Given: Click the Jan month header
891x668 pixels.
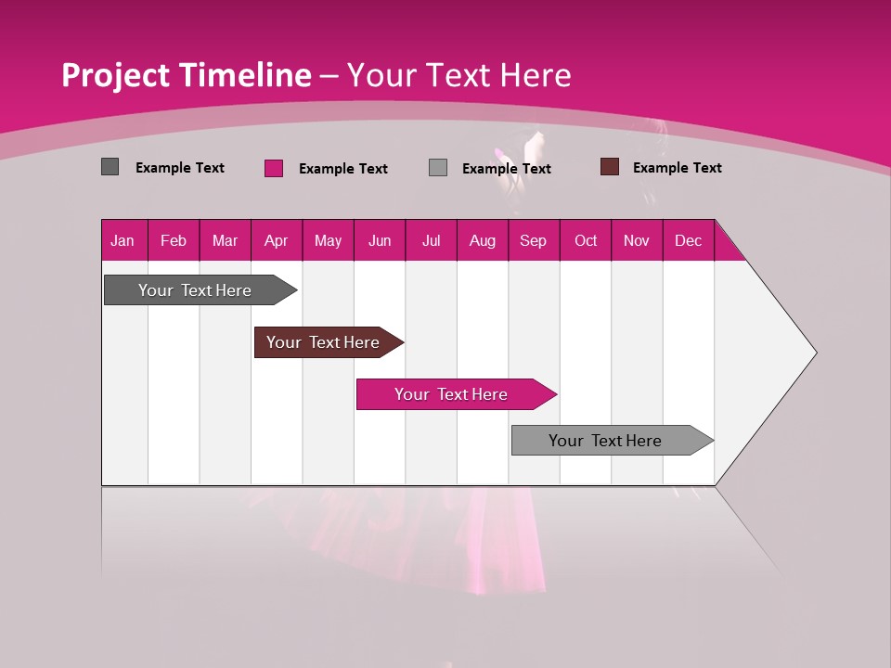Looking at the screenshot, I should [123, 240].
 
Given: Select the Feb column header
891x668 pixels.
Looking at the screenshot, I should [174, 240].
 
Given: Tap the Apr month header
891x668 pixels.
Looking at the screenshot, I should [277, 240].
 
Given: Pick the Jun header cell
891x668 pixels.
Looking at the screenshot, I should [380, 240].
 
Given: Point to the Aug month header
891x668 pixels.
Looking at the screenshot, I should [483, 240].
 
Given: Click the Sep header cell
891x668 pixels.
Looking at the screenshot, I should [534, 240].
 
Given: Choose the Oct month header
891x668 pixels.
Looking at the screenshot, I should [586, 240].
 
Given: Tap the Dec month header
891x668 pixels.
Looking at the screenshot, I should [689, 240].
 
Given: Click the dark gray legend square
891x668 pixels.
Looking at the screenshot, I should [110, 167].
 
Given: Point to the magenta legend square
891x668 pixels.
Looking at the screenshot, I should [274, 168].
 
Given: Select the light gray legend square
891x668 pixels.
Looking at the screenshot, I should [438, 168].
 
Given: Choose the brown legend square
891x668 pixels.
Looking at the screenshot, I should [610, 167].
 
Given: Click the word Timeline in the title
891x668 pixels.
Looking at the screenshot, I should [245, 75].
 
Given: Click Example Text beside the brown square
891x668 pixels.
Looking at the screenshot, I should [677, 168].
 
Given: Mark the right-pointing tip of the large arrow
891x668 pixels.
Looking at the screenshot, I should [815, 353].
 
